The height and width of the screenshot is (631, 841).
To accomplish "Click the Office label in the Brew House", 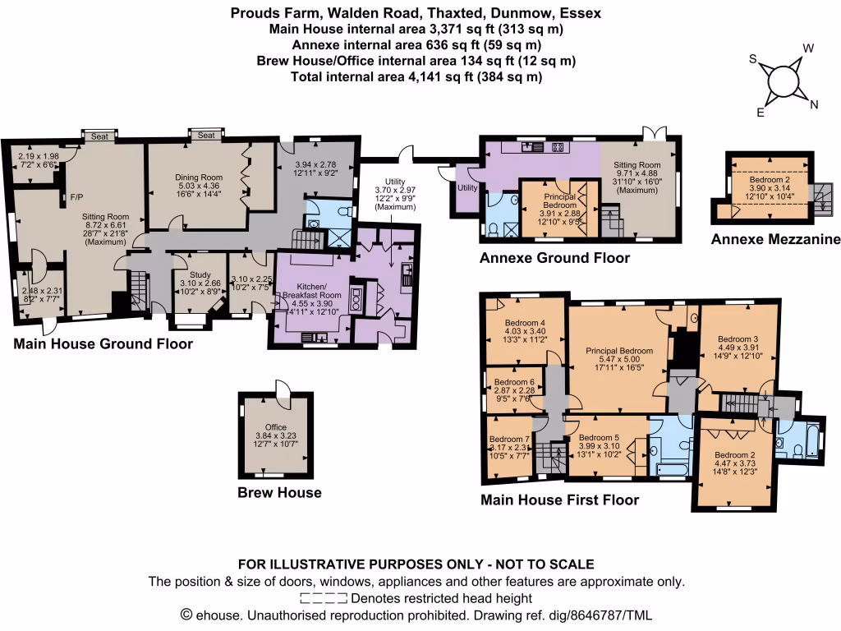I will [x=276, y=427].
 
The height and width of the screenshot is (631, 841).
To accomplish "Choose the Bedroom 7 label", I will [x=509, y=439].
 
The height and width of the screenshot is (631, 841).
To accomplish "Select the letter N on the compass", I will [x=814, y=104].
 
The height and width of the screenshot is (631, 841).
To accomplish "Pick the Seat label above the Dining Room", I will [x=206, y=136].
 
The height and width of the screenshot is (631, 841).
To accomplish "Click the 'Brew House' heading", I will [x=279, y=493].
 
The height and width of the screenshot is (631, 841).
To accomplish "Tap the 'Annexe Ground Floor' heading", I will [x=554, y=258].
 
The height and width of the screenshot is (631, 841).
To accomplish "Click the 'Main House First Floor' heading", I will [x=559, y=500].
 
